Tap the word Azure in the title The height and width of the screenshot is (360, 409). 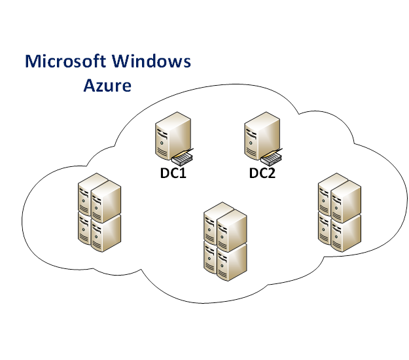(x=107, y=85)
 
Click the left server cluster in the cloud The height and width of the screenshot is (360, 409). (x=98, y=212)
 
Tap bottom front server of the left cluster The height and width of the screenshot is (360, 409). (x=106, y=232)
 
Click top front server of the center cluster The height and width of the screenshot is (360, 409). (x=232, y=230)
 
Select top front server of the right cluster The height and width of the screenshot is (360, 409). (x=346, y=199)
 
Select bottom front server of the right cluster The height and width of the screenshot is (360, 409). (x=346, y=230)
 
